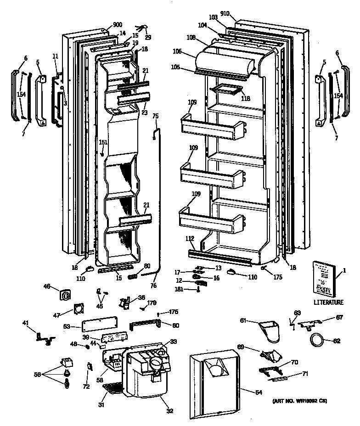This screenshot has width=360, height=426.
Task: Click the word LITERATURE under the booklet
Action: tap(328, 303)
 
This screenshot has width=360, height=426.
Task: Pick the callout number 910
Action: tap(237, 14)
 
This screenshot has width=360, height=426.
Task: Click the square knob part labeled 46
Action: tap(64, 294)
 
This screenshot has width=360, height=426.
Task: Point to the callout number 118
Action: tap(246, 98)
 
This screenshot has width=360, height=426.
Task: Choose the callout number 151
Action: tap(104, 142)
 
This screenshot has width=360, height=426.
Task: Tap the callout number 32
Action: tap(169, 411)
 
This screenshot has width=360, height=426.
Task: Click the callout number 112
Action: tap(190, 238)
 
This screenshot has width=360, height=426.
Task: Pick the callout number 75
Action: tap(155, 117)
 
